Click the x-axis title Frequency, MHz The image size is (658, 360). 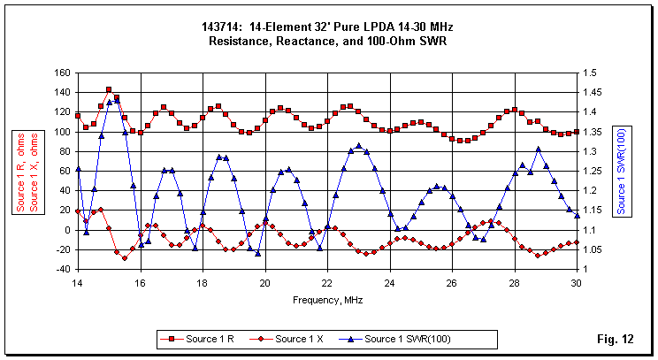pyautogui.click(x=327, y=300)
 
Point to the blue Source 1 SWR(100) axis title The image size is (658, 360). pyautogui.click(x=621, y=171)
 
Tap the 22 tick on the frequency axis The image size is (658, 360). pyautogui.click(x=327, y=282)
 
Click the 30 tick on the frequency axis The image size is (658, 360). pyautogui.click(x=577, y=282)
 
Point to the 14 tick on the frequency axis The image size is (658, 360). pyautogui.click(x=78, y=282)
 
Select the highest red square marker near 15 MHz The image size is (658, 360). pyautogui.click(x=109, y=89)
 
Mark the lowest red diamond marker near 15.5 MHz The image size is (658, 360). pyautogui.click(x=125, y=257)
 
